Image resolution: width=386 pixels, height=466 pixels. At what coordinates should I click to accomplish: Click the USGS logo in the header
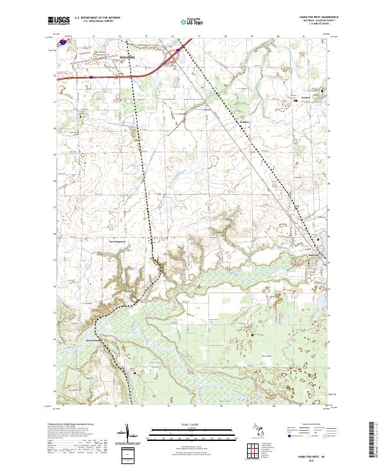coord(57,21)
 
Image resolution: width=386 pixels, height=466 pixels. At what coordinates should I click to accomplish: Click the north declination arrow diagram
coord(130,435)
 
